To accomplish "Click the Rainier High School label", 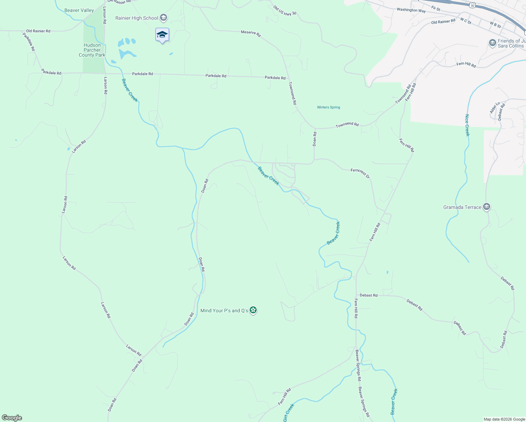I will (137, 18).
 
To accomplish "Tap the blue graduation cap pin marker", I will (162, 35).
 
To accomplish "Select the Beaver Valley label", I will (79, 10).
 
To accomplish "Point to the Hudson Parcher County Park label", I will (92, 50).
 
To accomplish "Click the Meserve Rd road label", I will (251, 33).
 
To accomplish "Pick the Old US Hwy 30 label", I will (285, 11).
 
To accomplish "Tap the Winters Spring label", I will (328, 107).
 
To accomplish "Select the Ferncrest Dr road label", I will (360, 173).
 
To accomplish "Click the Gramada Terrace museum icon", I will (487, 207).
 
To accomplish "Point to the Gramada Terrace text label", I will (462, 207).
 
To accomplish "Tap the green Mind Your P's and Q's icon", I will (253, 310).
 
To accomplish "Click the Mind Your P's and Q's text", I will (224, 311).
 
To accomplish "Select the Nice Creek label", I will (467, 125).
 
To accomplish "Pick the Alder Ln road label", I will (494, 108).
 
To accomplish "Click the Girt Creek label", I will (289, 413).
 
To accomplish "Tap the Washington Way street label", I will (411, 10).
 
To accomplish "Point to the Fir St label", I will (436, 8).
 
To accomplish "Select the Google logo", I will (12, 418).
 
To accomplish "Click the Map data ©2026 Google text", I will (504, 419).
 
